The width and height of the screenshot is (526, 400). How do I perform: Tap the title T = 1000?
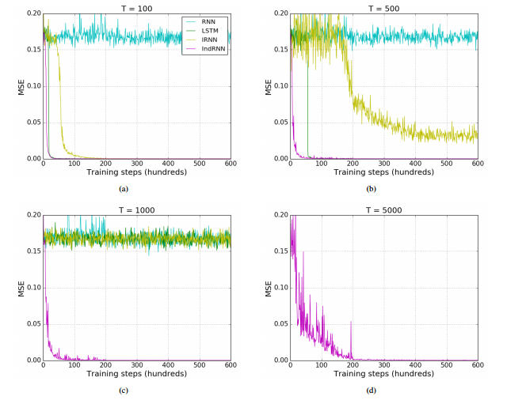click(135, 210)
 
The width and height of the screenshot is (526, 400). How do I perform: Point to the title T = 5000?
click(383, 210)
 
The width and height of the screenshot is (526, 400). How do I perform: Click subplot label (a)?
click(123, 189)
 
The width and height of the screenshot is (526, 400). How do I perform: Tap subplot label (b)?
click(371, 189)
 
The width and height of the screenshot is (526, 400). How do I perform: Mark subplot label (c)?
click(123, 391)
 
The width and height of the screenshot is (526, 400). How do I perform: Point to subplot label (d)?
click(371, 391)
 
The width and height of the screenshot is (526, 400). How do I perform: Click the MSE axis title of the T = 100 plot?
click(21, 86)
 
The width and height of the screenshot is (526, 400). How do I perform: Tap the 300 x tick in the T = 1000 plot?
click(136, 364)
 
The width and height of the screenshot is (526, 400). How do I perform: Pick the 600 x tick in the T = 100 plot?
click(231, 164)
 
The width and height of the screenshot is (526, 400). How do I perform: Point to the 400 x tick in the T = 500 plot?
click(415, 164)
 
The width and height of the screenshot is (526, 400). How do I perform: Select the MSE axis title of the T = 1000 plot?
click(21, 288)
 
